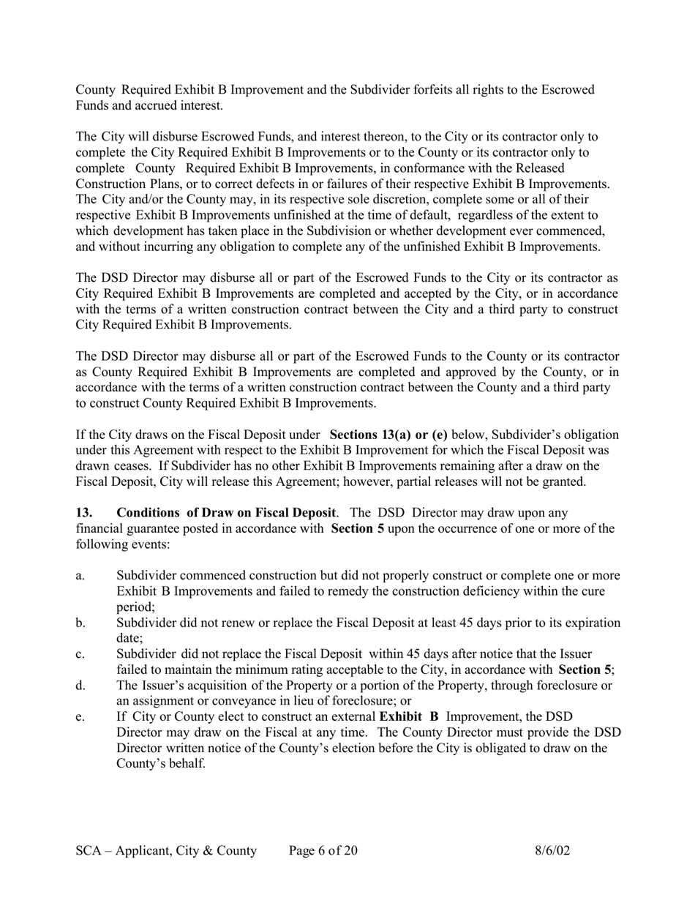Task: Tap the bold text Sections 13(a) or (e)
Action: (388, 435)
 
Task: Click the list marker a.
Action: (80, 576)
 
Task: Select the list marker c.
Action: (80, 654)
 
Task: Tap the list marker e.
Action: (80, 717)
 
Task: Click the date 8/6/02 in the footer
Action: (552, 851)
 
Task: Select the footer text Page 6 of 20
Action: (323, 851)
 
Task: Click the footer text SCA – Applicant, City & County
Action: (166, 851)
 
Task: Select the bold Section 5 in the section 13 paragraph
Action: (358, 528)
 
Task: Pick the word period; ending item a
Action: (135, 607)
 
